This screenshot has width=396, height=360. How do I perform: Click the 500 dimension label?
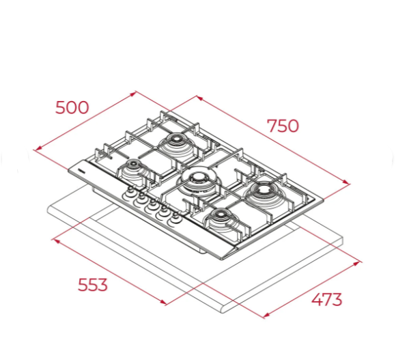[x=72, y=107]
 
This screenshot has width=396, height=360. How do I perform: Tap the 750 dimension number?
[x=283, y=126]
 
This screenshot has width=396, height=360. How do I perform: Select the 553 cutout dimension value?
[x=92, y=285]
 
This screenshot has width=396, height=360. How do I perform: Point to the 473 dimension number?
[x=327, y=299]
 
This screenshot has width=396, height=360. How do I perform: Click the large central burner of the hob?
[x=199, y=182]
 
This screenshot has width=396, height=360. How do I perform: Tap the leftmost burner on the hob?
[x=132, y=169]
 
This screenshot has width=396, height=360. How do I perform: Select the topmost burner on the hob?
[x=176, y=145]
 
